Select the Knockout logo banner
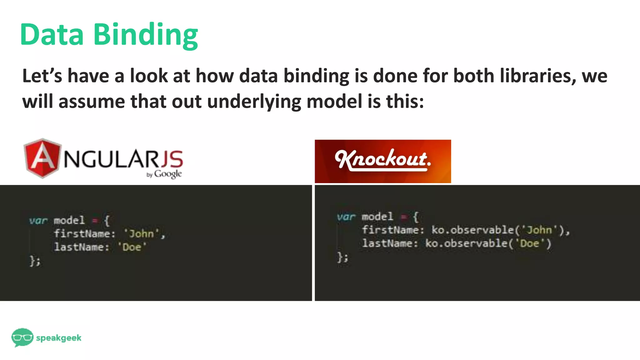(383, 161)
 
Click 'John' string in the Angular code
(142, 234)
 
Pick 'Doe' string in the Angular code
(132, 247)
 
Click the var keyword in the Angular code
(38, 221)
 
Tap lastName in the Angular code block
(79, 247)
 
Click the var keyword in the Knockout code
(346, 217)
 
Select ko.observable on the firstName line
(472, 230)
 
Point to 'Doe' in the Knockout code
(529, 243)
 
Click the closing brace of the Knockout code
(341, 257)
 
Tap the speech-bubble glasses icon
(22, 337)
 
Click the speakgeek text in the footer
(59, 338)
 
